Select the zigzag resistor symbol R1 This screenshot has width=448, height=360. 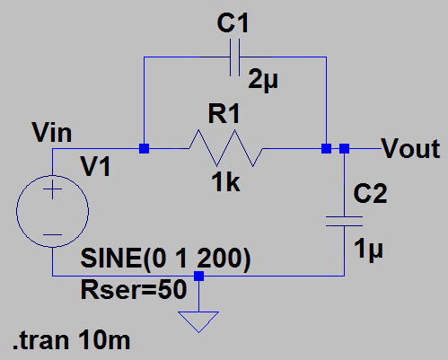pos(226,148)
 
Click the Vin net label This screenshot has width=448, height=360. pos(51,134)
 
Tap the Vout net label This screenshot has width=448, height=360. pos(410,148)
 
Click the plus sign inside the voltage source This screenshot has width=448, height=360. pos(51,189)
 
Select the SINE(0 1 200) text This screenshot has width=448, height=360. pos(165,259)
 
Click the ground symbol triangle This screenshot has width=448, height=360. pos(198,319)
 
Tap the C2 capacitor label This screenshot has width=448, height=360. pos(370,193)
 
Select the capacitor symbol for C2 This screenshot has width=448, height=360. pos(345,220)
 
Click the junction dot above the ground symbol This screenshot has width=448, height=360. pos(198,277)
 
